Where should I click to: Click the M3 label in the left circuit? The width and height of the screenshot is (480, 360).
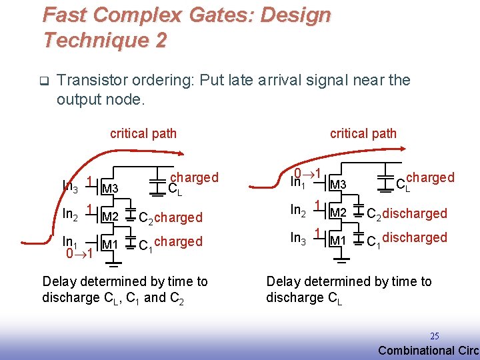(x=110, y=189)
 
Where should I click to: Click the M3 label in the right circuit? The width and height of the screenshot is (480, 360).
(x=338, y=185)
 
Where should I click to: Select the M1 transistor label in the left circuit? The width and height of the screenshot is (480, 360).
(x=110, y=245)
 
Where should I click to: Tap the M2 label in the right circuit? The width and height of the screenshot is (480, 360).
(x=338, y=213)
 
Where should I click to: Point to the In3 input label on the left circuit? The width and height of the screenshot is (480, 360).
(x=70, y=186)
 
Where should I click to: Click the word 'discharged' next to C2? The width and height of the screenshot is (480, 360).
(x=415, y=213)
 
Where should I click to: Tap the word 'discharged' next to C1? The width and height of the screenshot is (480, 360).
(x=415, y=237)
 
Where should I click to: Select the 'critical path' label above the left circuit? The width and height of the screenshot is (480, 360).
(x=143, y=133)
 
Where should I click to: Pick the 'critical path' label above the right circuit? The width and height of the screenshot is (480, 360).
(x=363, y=133)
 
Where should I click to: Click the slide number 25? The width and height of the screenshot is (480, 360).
(x=433, y=336)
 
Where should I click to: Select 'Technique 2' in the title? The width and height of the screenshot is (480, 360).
(x=105, y=40)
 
